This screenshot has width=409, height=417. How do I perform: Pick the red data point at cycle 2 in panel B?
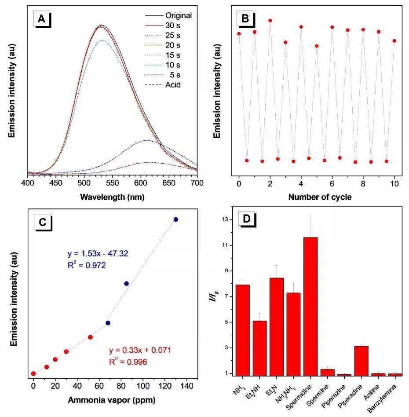270,21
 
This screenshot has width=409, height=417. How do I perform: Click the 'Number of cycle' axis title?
320,197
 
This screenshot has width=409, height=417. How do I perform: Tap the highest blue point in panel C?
175,219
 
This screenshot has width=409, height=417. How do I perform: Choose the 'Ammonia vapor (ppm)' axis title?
111,400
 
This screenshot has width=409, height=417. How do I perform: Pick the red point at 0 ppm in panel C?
33,373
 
